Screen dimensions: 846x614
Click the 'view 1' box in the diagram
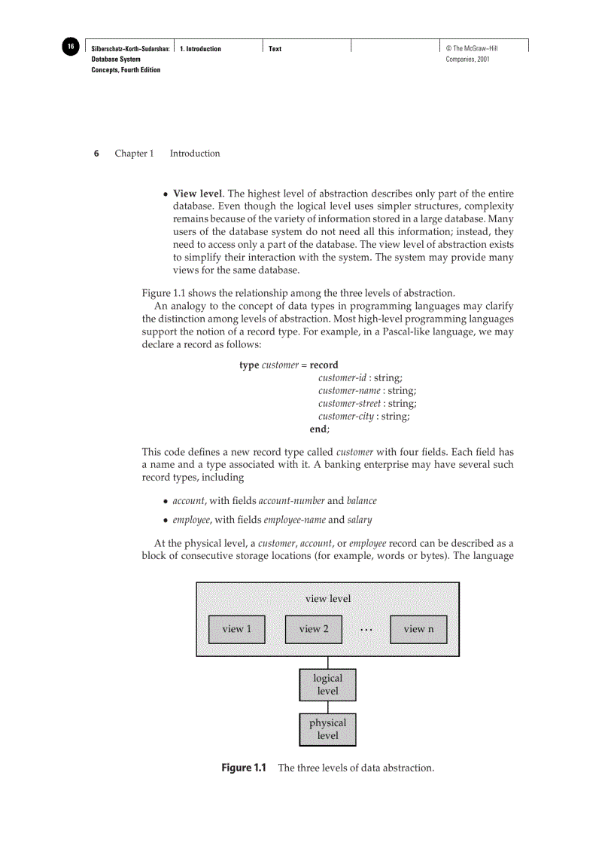(x=236, y=629)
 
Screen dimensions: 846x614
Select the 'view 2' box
(x=313, y=629)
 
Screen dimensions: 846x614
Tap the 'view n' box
(x=418, y=629)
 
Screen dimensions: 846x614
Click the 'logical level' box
(x=327, y=685)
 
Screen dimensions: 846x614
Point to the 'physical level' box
(x=327, y=729)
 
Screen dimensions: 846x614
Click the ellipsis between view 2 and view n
(x=366, y=630)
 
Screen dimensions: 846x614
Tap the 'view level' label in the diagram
(x=327, y=599)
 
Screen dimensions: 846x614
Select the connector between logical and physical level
(x=327, y=707)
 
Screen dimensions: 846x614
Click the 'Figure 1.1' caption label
(x=244, y=768)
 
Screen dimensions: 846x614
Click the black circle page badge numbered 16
(x=70, y=47)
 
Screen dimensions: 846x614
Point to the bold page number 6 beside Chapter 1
(x=96, y=154)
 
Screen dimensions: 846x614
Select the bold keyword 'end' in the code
(x=318, y=429)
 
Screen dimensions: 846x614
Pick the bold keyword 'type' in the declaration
(x=249, y=365)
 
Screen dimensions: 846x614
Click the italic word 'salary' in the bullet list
(x=360, y=520)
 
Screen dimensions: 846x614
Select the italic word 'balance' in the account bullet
(x=361, y=500)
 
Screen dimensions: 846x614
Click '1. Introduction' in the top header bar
(x=201, y=49)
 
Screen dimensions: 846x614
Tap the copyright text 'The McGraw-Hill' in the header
(x=476, y=49)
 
